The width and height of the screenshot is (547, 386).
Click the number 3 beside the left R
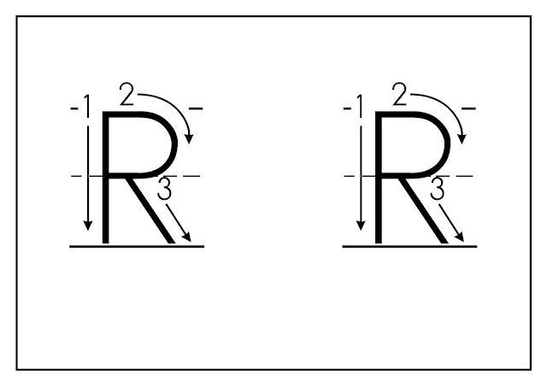click(x=165, y=190)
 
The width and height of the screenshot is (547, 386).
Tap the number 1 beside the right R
click(x=359, y=106)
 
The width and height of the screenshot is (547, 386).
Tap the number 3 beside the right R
click(x=438, y=190)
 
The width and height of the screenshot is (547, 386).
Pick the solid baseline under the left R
click(x=137, y=246)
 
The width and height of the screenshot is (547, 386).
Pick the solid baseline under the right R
click(x=410, y=246)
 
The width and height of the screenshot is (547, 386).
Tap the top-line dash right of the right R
click(x=468, y=109)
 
